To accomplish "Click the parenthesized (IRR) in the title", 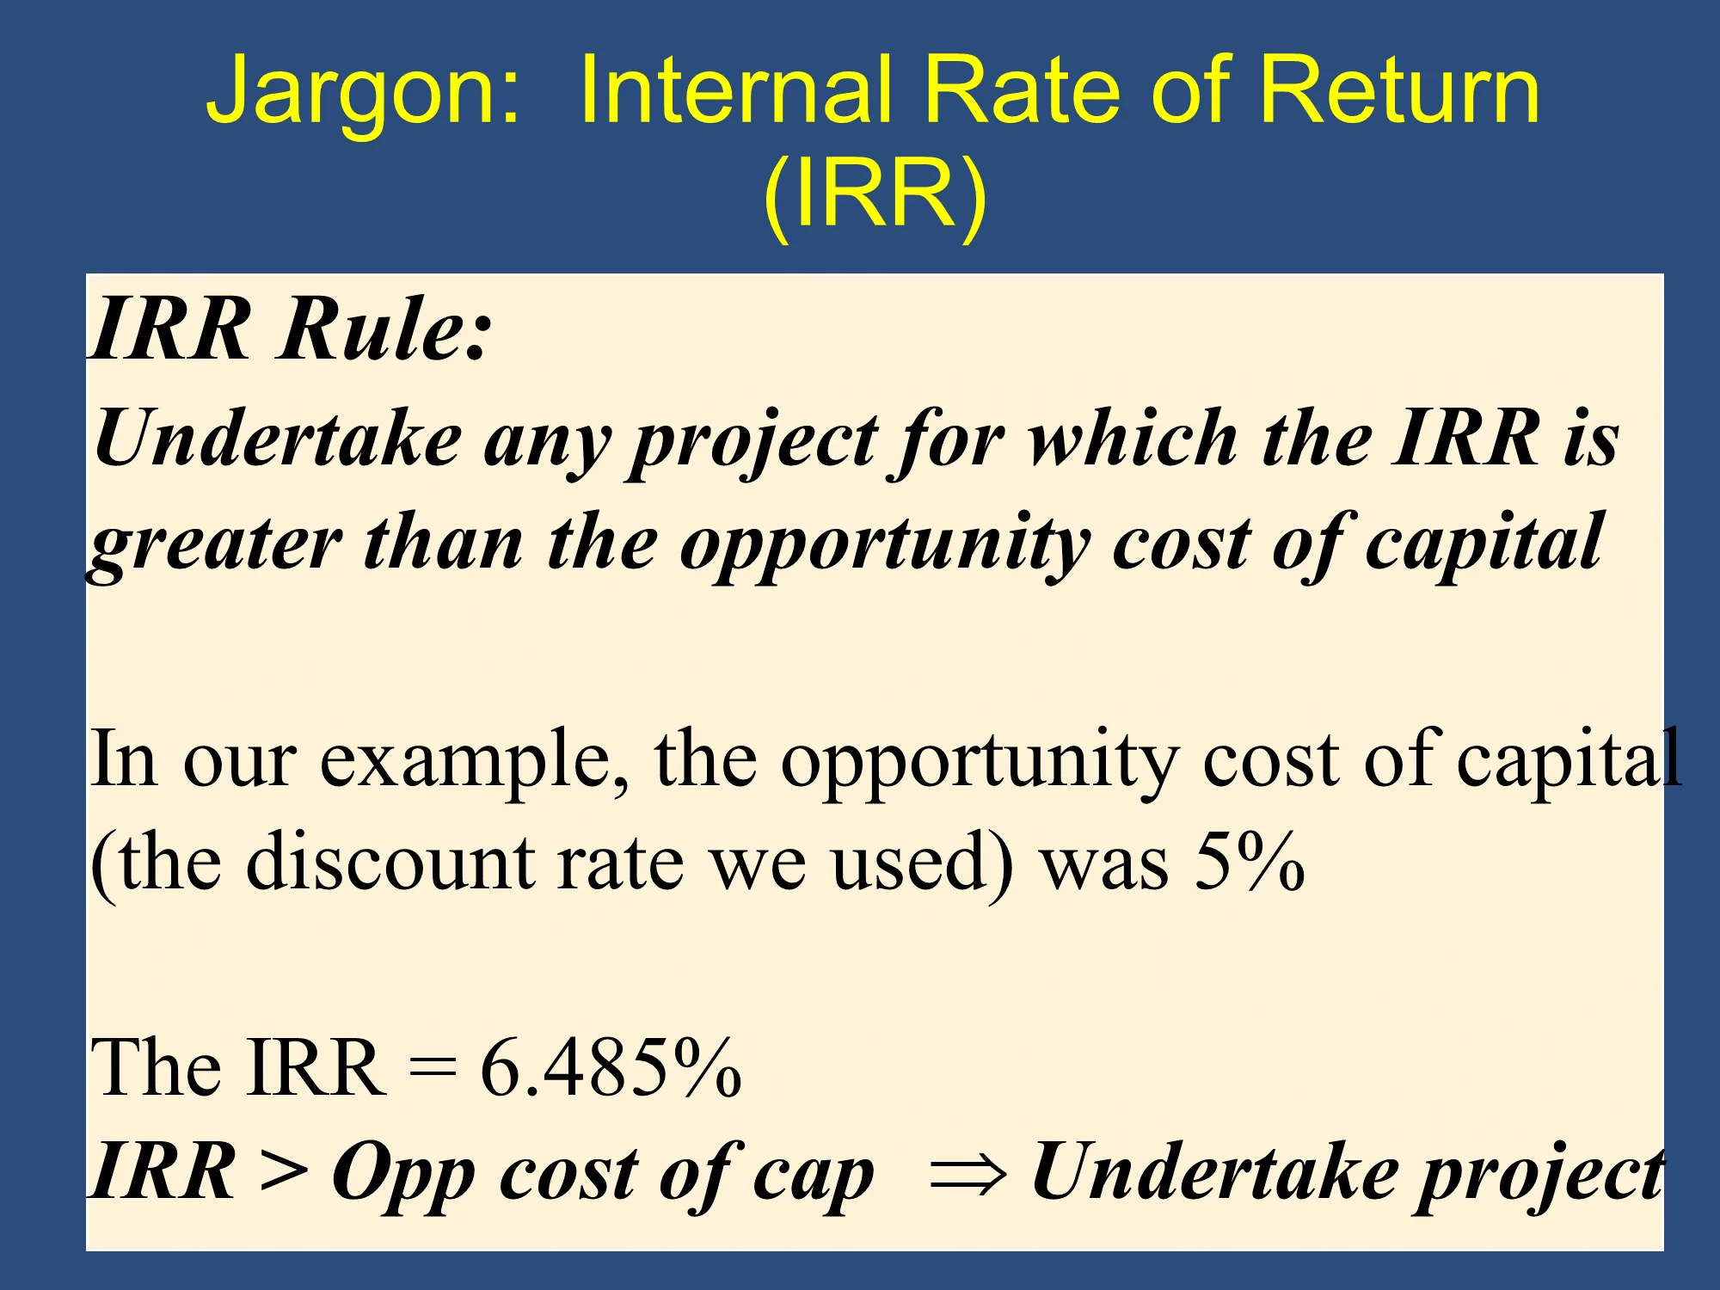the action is click(x=874, y=193).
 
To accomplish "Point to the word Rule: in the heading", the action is click(x=384, y=328).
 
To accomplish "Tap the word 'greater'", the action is click(x=215, y=547).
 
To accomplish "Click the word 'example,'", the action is click(x=475, y=760).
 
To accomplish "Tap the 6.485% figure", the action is click(x=611, y=1067).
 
